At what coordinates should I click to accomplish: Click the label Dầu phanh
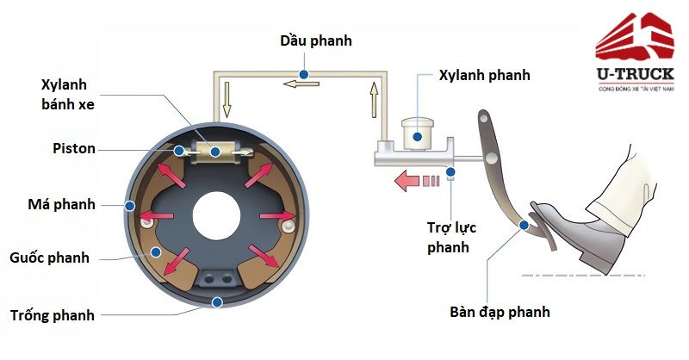pyautogui.click(x=316, y=40)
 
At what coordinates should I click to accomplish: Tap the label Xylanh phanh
pyautogui.click(x=484, y=75)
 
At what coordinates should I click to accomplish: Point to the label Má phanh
pyautogui.click(x=61, y=204)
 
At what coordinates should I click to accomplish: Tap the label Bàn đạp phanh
pyautogui.click(x=499, y=312)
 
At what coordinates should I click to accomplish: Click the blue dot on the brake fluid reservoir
pyautogui.click(x=417, y=134)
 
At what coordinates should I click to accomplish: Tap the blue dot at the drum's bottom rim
pyautogui.click(x=218, y=301)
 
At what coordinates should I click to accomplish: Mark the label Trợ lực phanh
pyautogui.click(x=451, y=237)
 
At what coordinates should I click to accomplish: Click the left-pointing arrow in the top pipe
pyautogui.click(x=301, y=84)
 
